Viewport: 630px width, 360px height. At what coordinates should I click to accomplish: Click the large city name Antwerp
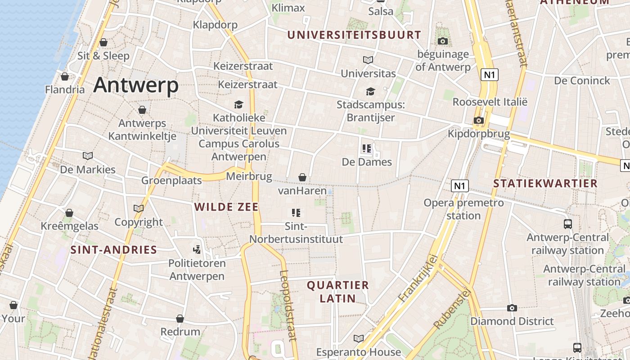[x=136, y=85]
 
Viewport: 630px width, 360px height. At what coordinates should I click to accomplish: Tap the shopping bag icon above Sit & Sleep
[x=103, y=42]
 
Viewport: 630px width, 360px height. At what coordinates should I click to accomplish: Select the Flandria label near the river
[x=65, y=89]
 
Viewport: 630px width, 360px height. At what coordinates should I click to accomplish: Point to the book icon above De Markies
[x=88, y=156]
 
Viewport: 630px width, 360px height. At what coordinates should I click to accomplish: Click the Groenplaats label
[x=171, y=180]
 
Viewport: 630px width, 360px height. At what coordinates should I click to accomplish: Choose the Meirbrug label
[x=249, y=176]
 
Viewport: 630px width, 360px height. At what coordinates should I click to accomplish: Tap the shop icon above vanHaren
[x=302, y=177]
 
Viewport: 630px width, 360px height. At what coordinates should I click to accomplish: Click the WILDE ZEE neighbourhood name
[x=226, y=207]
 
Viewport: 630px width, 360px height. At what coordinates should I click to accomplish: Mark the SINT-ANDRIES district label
[x=113, y=250]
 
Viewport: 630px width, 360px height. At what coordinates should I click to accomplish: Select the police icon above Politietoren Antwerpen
[x=197, y=249]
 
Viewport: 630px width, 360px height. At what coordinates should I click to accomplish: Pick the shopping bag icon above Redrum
[x=180, y=319]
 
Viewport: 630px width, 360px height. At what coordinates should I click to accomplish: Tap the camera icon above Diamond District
[x=512, y=308]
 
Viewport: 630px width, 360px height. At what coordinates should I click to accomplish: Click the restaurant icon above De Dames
[x=367, y=148]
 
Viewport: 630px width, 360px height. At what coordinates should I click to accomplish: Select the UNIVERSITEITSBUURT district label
[x=354, y=35]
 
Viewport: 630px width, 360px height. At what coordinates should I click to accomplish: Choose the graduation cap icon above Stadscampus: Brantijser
[x=370, y=91]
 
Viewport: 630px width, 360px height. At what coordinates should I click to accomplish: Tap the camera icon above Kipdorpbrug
[x=479, y=120]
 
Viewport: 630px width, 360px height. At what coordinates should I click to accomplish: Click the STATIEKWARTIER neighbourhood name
[x=545, y=184]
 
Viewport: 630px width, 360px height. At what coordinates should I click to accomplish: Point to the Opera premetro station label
[x=463, y=209]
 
